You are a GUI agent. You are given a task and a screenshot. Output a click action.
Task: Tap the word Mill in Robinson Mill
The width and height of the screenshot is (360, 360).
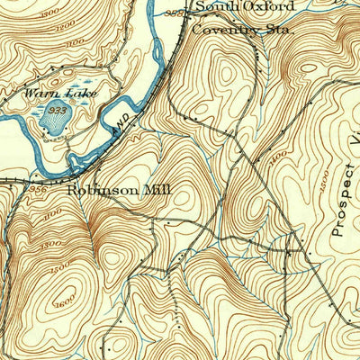[152, 191]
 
